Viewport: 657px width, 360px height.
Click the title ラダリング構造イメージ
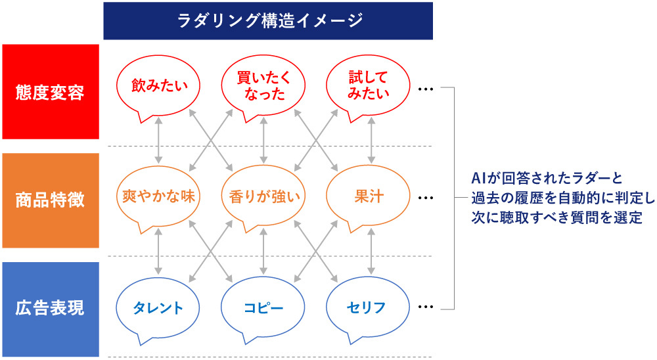268,21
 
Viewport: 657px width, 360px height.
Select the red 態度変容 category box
50,91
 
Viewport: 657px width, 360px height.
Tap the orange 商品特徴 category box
50,200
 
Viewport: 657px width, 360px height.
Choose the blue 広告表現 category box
50,308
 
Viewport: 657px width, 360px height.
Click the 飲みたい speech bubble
158,85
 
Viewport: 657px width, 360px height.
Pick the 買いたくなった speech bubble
263,85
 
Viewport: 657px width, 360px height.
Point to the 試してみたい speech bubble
369,85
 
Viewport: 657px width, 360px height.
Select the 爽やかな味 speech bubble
158,196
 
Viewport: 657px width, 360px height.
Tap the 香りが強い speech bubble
263,196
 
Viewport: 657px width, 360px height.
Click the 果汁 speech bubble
369,196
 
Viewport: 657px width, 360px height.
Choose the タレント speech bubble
158,307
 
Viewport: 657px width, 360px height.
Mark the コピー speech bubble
263,307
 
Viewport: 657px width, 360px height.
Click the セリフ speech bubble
369,307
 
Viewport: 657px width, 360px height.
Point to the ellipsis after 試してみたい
426,89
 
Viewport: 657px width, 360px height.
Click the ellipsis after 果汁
426,198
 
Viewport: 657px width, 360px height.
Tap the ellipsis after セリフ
426,306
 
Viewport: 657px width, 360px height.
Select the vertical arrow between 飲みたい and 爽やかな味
158,140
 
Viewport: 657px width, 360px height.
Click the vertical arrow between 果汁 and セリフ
373,252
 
